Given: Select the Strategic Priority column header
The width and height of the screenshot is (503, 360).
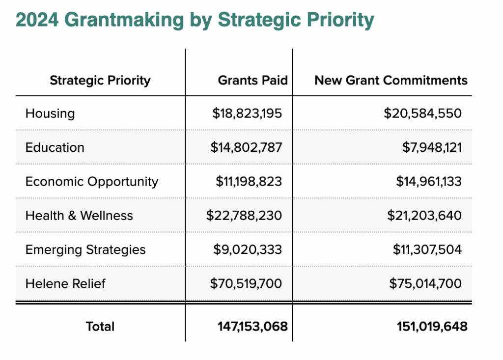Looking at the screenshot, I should pyautogui.click(x=100, y=80).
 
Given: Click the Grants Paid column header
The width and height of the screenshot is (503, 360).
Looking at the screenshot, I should pyautogui.click(x=252, y=80).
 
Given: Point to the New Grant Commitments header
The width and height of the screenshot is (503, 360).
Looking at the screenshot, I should pyautogui.click(x=391, y=80).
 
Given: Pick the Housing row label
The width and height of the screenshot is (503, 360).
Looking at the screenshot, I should pyautogui.click(x=50, y=113).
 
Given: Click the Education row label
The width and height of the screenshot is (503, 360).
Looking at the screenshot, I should pyautogui.click(x=55, y=147).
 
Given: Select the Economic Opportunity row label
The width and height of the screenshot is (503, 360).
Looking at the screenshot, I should pyautogui.click(x=92, y=181).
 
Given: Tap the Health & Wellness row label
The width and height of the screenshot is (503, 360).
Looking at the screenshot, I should pyautogui.click(x=79, y=215).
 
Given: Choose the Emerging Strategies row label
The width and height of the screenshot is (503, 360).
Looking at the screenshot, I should pyautogui.click(x=85, y=249).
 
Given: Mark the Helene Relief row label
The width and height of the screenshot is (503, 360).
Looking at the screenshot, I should pyautogui.click(x=65, y=283).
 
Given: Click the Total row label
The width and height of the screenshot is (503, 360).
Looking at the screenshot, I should pyautogui.click(x=100, y=327).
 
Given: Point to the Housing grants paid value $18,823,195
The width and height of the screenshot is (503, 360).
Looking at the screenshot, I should pyautogui.click(x=247, y=113).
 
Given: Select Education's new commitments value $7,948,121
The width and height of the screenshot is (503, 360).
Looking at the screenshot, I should pyautogui.click(x=429, y=147).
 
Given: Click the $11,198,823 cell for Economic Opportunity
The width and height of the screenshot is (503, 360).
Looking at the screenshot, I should pyautogui.click(x=249, y=181).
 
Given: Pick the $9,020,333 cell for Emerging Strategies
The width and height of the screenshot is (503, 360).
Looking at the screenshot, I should pyautogui.click(x=248, y=249).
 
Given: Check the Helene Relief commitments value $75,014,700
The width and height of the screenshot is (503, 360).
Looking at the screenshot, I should pyautogui.click(x=425, y=283).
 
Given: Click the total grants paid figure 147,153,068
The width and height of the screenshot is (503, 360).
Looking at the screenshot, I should pyautogui.click(x=252, y=327).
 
